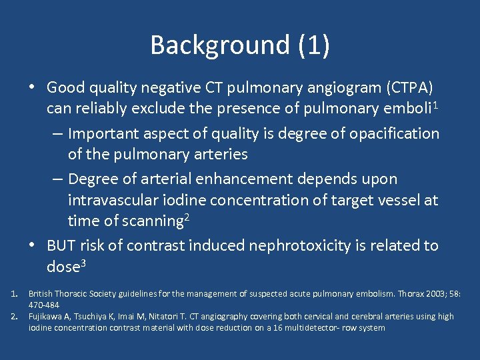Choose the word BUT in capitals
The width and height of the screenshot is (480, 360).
click(61, 245)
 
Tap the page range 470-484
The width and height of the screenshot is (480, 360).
click(43, 305)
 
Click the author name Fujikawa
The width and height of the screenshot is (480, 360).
click(46, 316)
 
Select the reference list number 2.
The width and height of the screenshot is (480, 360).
click(14, 316)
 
